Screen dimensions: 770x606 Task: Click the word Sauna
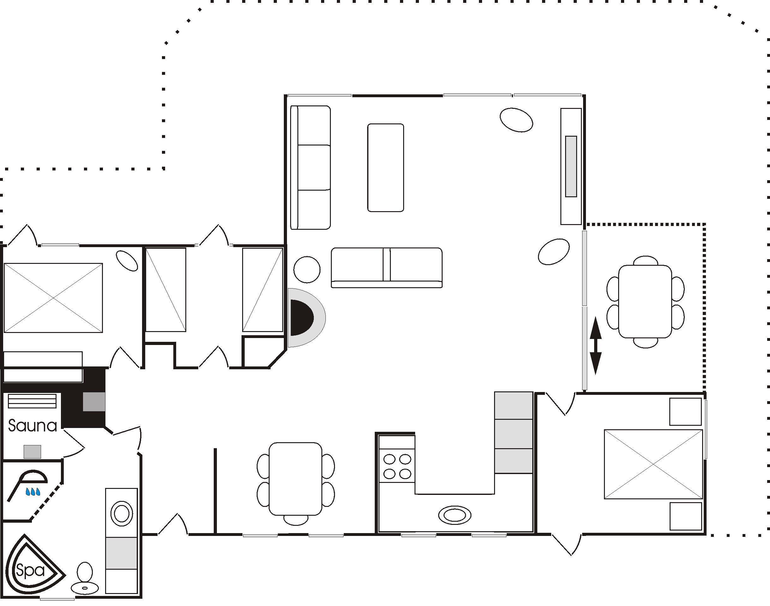pos(33,426)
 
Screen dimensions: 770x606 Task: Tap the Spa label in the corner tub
pos(31,570)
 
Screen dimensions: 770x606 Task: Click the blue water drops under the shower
pos(33,492)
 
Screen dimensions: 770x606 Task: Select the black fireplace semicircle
pos(301,318)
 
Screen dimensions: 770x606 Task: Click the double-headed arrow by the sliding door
pos(595,346)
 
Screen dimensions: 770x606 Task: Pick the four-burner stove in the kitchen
pos(397,466)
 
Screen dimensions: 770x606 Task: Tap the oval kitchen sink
pos(455,515)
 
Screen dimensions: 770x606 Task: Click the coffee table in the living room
pos(386,168)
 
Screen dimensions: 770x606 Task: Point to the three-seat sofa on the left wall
pos(310,168)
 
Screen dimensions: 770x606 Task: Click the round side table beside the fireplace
pos(307,270)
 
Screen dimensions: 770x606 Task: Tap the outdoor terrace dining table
pos(645,302)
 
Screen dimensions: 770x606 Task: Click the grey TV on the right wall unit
pos(571,166)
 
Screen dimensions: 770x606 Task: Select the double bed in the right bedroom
pos(653,464)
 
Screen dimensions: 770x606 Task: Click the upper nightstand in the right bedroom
pos(685,412)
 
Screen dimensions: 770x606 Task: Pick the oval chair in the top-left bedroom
pos(127,261)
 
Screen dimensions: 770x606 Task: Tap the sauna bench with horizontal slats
pos(32,401)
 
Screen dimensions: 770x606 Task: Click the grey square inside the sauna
pos(32,452)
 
